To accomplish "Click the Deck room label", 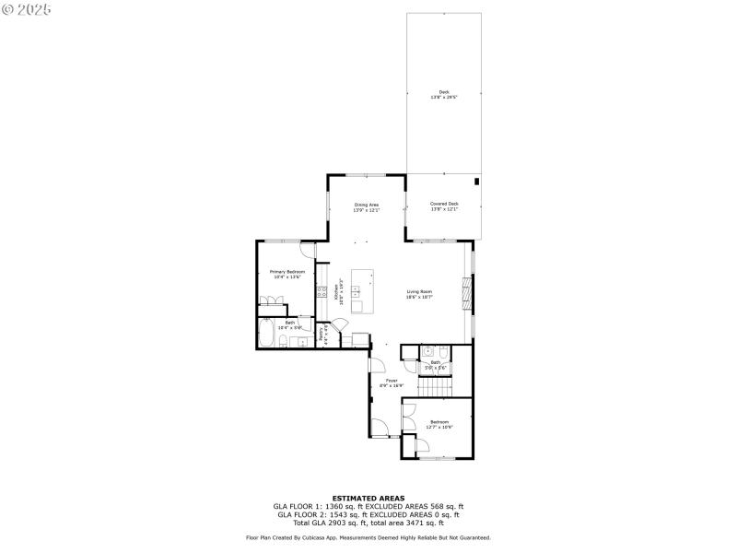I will (444, 92).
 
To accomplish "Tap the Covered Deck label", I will (444, 204).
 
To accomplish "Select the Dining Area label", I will (367, 204).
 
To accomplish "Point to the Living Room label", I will (419, 292).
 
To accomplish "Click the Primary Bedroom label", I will (287, 272).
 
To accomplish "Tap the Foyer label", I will (392, 380).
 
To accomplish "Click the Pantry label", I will (322, 335).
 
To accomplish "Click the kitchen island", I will (360, 293).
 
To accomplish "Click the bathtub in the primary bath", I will (265, 335).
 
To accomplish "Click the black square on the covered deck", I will (476, 182).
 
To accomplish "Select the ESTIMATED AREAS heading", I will (368, 498).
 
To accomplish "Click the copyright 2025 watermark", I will (27, 9).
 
